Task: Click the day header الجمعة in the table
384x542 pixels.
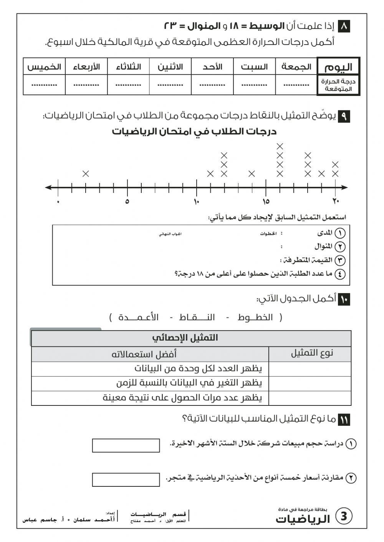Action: (296, 67)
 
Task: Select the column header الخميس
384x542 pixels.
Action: (44, 67)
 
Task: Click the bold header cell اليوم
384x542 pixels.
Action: (338, 67)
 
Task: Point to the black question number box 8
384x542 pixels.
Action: (344, 26)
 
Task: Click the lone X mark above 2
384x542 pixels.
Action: (86, 174)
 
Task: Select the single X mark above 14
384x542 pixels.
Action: (252, 174)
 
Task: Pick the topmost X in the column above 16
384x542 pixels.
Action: (280, 146)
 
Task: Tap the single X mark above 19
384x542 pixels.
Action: (321, 174)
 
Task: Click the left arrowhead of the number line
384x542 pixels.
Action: (48, 188)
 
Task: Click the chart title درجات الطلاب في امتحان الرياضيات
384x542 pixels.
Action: (194, 132)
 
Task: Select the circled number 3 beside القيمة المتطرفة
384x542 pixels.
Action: (340, 260)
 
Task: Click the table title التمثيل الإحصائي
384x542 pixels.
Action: (185, 338)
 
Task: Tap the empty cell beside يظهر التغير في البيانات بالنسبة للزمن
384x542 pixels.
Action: (310, 383)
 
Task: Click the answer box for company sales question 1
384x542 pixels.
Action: (126, 445)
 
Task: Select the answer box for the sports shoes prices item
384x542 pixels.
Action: (126, 479)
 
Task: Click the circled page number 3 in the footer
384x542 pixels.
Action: (344, 516)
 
